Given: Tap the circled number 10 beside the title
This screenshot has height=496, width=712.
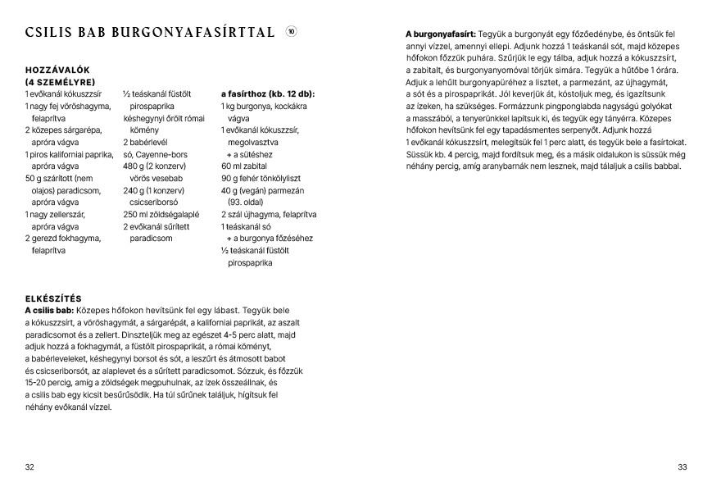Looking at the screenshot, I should click(x=292, y=32).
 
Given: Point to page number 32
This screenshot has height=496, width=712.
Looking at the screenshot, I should click(x=29, y=466).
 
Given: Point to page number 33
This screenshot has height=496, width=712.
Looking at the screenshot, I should click(x=682, y=466).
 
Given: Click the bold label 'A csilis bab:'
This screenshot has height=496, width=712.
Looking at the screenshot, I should click(x=50, y=310).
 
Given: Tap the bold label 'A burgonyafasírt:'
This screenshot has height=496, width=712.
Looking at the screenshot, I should click(x=441, y=34).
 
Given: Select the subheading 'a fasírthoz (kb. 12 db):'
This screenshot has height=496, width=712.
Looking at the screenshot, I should click(x=267, y=94).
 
